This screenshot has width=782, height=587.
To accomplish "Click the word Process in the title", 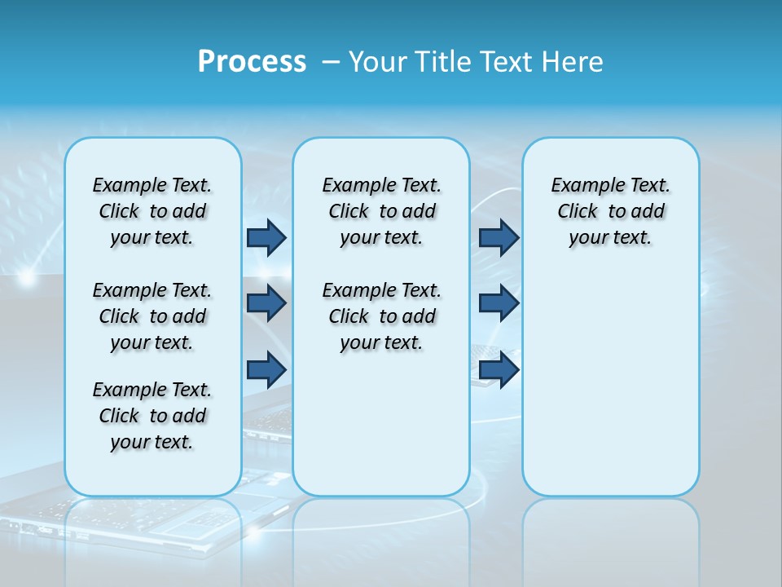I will tap(252, 62).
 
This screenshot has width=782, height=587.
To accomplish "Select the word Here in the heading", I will tap(573, 62).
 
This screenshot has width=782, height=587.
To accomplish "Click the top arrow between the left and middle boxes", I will tap(266, 237).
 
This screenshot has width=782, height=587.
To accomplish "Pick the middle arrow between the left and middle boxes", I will tap(266, 303).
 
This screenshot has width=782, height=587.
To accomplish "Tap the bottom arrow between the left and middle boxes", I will tap(266, 369).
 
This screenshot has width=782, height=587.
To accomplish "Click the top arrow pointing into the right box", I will tap(499, 237).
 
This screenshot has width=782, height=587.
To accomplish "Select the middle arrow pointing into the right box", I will tap(499, 303).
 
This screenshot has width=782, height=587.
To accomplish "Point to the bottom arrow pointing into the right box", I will tap(499, 369).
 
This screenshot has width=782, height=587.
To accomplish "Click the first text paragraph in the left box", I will tap(152, 211).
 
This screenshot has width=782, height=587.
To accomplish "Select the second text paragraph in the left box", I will tap(152, 316).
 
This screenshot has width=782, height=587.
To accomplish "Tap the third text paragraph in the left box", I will tap(152, 416).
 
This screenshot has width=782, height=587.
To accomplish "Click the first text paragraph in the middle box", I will tap(382, 211).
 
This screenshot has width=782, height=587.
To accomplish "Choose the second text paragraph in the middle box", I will tap(382, 316).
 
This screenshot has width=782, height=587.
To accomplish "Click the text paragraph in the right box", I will tap(611, 211).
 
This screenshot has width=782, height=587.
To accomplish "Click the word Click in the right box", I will tap(578, 212).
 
